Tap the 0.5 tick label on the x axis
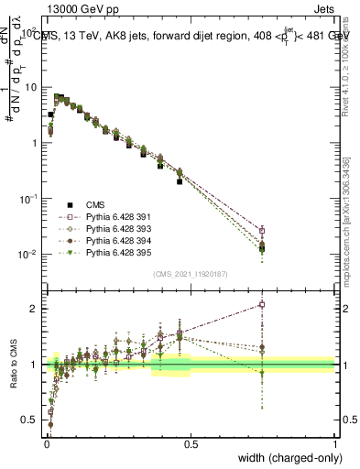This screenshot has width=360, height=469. (x=191, y=446)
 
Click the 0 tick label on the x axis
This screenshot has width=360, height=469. (x=46, y=446)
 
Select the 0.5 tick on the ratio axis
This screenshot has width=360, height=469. (x=29, y=420)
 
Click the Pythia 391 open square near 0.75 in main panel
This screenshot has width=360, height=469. (x=262, y=230)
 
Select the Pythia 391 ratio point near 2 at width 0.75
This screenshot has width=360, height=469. (x=262, y=304)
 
